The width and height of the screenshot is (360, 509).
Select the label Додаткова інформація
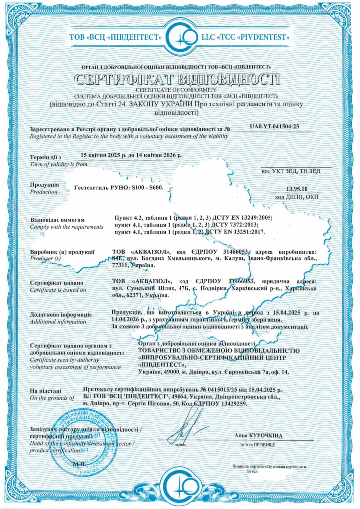[61, 315]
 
